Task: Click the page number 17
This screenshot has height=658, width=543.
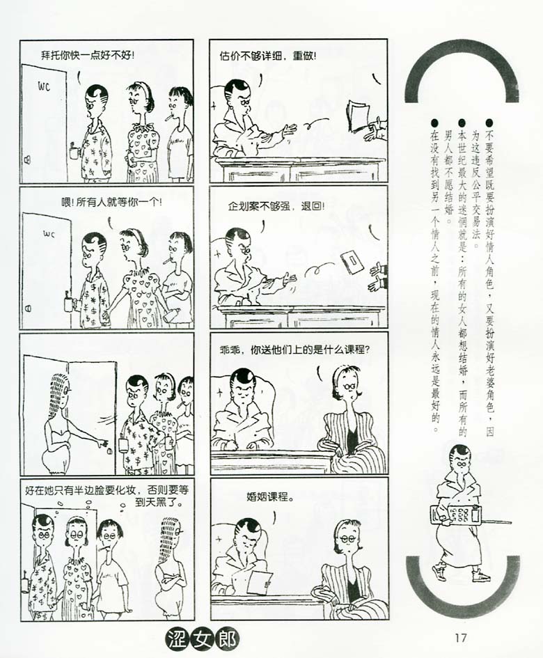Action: click(460, 637)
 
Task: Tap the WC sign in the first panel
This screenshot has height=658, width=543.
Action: click(44, 86)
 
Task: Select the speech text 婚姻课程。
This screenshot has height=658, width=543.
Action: click(270, 497)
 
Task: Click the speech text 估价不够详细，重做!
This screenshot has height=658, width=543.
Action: click(267, 56)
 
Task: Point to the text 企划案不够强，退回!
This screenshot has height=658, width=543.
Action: click(276, 207)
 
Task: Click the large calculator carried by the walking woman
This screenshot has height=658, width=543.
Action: click(456, 515)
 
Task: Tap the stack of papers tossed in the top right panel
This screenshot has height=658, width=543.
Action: click(359, 115)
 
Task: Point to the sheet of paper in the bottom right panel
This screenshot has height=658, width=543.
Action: click(259, 581)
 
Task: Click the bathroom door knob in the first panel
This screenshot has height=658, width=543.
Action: click(27, 159)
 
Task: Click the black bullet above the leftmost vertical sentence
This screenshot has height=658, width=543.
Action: click(434, 123)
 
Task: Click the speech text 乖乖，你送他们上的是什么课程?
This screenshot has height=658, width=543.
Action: click(294, 350)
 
